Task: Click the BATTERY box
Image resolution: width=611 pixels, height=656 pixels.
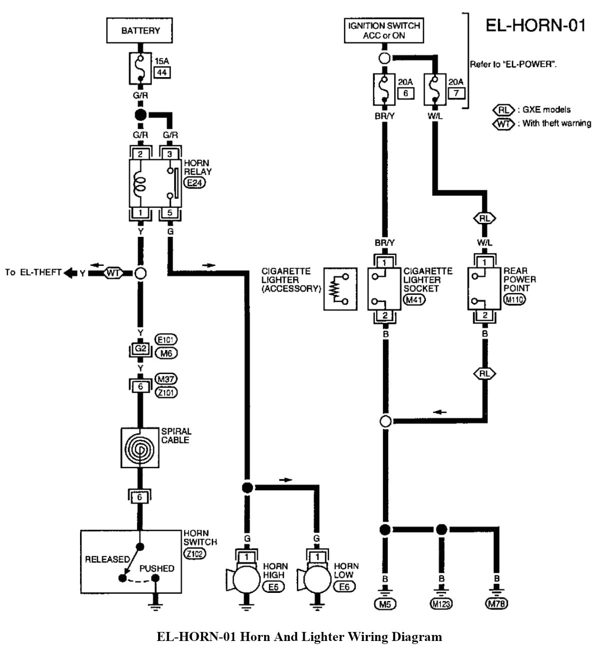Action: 140,31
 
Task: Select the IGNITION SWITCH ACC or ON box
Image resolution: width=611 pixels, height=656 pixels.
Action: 384,31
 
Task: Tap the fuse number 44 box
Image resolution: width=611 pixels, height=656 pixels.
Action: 162,73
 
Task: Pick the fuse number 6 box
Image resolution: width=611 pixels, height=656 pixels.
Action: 406,93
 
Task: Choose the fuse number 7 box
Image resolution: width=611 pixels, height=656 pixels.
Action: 456,93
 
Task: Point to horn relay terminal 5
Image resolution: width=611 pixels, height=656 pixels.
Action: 170,213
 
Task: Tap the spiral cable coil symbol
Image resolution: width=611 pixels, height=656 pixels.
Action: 140,448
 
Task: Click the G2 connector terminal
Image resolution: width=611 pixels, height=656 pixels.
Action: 140,348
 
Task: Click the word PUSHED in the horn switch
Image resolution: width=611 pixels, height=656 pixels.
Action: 157,568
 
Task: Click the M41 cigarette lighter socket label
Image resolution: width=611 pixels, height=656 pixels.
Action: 413,300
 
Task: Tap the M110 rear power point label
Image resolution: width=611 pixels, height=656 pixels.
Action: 515,300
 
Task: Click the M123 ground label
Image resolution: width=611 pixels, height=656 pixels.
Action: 441,604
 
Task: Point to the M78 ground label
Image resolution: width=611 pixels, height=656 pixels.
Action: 497,604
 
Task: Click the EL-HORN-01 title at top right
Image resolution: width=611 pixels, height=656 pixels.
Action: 535,25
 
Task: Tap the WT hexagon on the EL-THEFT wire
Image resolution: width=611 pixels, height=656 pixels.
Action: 114,273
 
